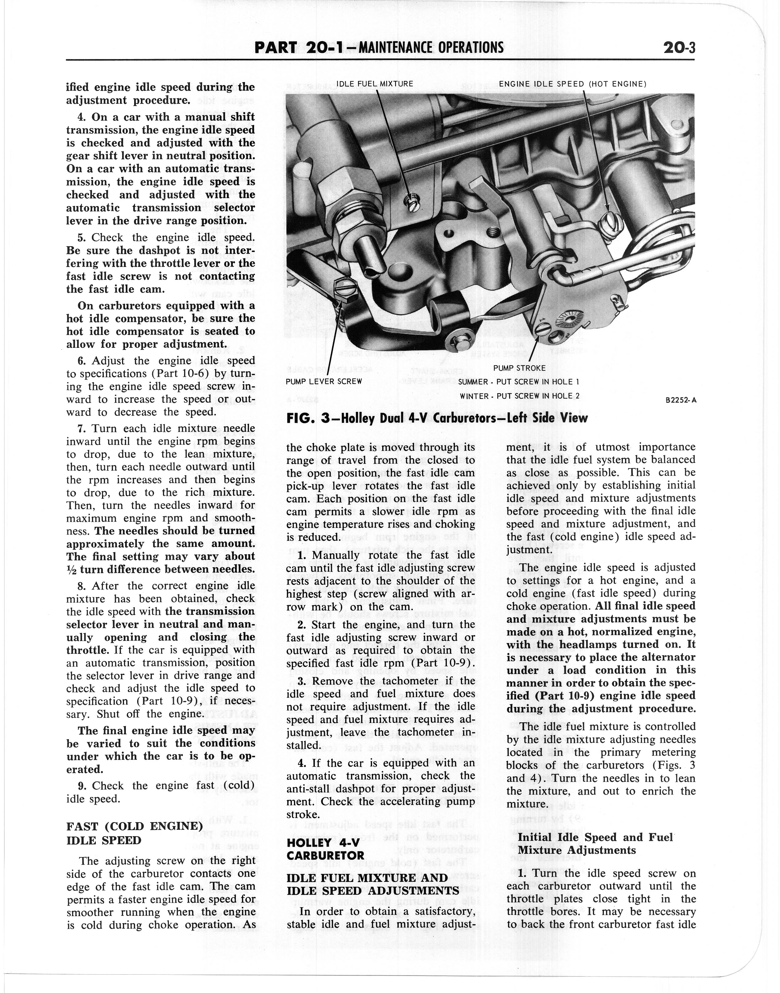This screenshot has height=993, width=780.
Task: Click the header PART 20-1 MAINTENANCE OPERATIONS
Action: [x=379, y=47]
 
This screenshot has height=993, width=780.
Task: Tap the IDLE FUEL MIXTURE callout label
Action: [x=375, y=84]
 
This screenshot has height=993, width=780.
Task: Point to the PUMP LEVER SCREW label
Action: [x=323, y=381]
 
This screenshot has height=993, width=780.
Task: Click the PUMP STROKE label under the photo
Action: [x=519, y=368]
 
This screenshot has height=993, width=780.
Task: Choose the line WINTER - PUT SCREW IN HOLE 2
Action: [x=519, y=396]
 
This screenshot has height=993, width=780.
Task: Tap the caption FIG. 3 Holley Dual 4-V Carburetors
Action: [x=437, y=418]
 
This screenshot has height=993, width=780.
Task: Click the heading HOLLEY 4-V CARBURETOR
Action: [x=325, y=849]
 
